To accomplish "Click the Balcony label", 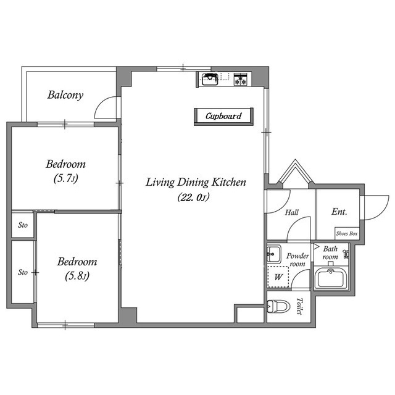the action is [x=65, y=95].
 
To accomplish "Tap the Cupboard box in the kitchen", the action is [x=223, y=117].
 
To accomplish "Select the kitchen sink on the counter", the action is [x=210, y=79].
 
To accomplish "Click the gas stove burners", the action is [x=241, y=79].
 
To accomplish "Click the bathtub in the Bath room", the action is [x=331, y=278].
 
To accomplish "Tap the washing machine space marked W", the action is [x=278, y=277].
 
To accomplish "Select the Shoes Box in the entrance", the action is [x=347, y=233].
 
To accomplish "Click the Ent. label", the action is [x=339, y=212].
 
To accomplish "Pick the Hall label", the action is [x=292, y=212].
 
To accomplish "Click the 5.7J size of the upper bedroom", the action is [x=66, y=178].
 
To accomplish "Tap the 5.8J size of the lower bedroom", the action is [x=77, y=276].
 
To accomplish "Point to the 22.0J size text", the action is [x=193, y=197].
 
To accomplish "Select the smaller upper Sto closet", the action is [x=23, y=225].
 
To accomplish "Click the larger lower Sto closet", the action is [x=23, y=272].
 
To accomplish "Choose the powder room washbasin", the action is [x=273, y=254].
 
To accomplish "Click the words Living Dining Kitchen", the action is [x=196, y=182].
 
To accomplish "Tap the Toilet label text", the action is [x=299, y=306].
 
